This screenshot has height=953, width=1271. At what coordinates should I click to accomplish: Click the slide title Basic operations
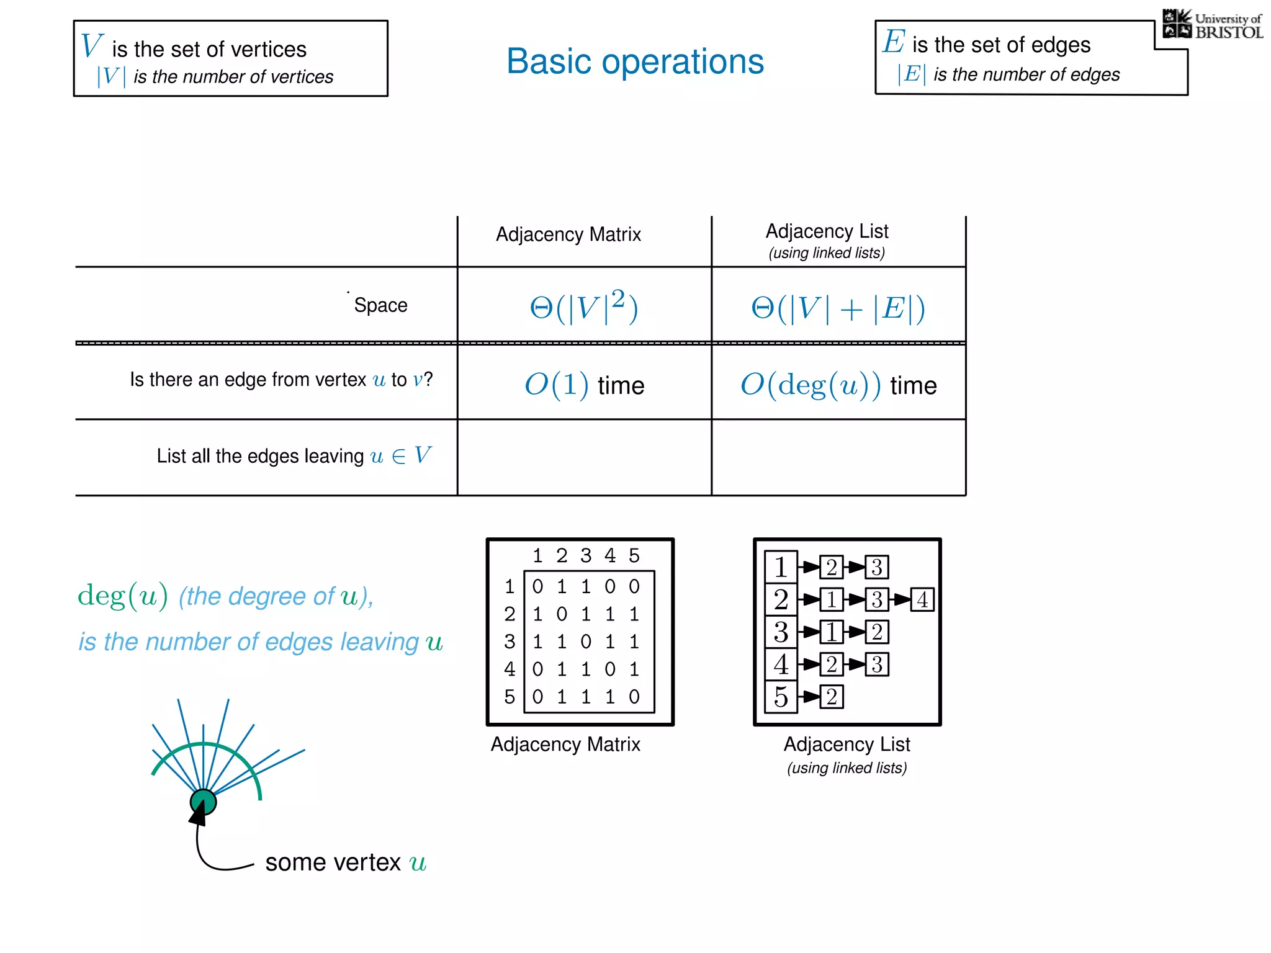[x=635, y=61]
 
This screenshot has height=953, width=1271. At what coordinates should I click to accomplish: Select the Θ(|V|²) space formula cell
[x=583, y=306]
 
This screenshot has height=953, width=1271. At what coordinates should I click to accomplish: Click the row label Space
[x=380, y=305]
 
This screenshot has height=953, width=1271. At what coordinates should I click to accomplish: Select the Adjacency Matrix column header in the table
[x=568, y=235]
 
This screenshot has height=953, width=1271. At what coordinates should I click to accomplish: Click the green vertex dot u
[x=204, y=802]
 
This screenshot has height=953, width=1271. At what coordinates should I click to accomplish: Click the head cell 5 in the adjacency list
[x=781, y=697]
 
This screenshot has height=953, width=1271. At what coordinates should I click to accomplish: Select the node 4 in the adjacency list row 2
[x=922, y=600]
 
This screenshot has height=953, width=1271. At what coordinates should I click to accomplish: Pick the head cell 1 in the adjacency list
[x=781, y=567]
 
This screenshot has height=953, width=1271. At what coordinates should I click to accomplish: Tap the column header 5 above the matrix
[x=634, y=555]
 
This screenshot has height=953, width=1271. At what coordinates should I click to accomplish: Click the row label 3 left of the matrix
[x=510, y=642]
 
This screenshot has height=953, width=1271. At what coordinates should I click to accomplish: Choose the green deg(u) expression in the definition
[x=123, y=596]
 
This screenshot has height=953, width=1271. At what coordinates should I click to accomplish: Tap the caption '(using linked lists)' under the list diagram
[x=847, y=768]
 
